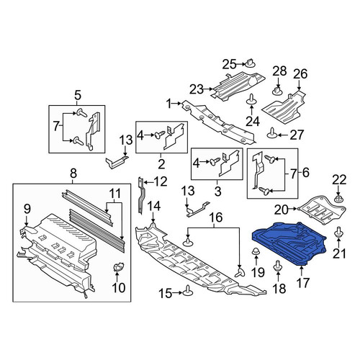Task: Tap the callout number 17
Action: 302,283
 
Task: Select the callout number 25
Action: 230,64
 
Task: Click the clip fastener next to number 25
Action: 250,63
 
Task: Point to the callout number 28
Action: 280,71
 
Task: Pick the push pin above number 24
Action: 251,99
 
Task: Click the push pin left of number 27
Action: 272,133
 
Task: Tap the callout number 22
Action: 339,180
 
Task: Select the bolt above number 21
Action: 338,231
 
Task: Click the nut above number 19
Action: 256,251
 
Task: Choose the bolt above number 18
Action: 278,266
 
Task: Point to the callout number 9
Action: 27,209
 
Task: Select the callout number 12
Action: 160,181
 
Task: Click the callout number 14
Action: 153,206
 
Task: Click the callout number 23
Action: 197,89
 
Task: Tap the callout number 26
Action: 300,73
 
